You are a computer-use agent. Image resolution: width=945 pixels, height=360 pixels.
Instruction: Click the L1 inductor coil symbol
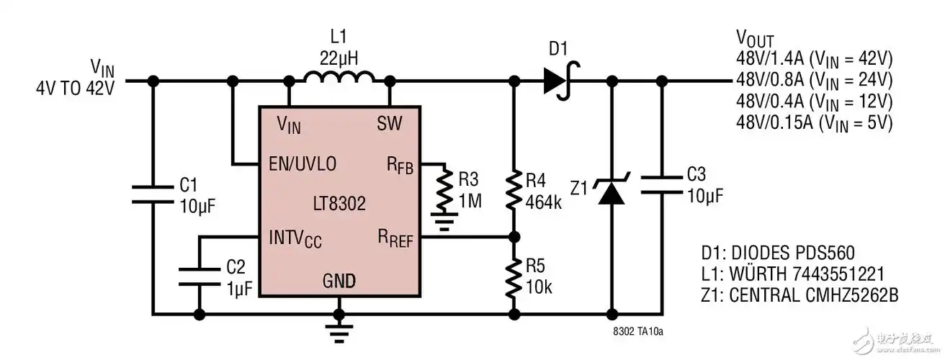pyautogui.click(x=339, y=77)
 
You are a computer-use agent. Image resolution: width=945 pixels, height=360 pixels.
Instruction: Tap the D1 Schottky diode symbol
pyautogui.click(x=558, y=80)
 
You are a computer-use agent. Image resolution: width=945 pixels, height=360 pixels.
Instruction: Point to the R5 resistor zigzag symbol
pyautogui.click(x=513, y=278)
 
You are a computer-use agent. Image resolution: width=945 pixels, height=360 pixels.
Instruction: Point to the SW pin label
pyautogui.click(x=390, y=124)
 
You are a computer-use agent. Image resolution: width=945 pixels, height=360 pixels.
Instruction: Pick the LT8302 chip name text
pyautogui.click(x=339, y=204)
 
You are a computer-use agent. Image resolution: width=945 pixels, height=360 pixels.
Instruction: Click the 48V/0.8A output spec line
pyautogui.click(x=814, y=78)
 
